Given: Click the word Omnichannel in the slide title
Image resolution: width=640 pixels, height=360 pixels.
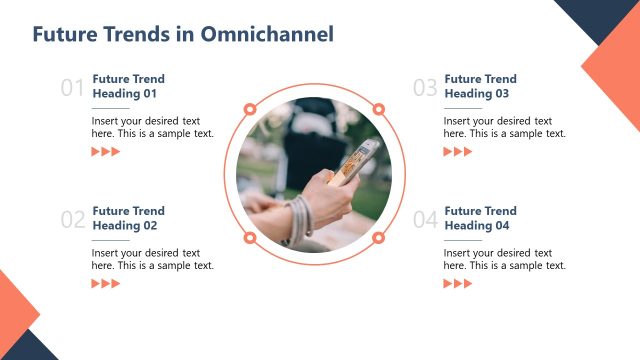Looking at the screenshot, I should pyautogui.click(x=267, y=34).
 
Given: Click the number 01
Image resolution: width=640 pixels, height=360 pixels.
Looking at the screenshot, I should pyautogui.click(x=73, y=88).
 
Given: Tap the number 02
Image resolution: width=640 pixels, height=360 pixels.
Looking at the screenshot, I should pyautogui.click(x=73, y=220).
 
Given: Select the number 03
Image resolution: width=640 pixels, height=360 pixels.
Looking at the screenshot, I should pyautogui.click(x=425, y=88).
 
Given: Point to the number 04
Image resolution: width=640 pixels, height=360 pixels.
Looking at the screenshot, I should pyautogui.click(x=425, y=220).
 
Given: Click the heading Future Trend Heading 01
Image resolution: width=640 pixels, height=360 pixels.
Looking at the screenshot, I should pyautogui.click(x=128, y=86).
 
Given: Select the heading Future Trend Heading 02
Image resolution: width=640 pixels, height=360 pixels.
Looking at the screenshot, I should pyautogui.click(x=128, y=218).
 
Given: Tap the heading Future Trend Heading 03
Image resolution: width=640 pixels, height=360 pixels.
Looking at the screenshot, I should pyautogui.click(x=480, y=86).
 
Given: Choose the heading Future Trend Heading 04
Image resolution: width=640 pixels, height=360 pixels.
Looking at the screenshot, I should pyautogui.click(x=480, y=218).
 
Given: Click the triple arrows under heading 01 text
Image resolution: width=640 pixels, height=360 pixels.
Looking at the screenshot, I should pyautogui.click(x=106, y=152).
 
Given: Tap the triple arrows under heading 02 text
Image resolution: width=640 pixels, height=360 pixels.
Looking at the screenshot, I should pyautogui.click(x=106, y=284).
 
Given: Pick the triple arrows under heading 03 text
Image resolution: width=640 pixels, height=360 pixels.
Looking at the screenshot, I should pyautogui.click(x=458, y=152).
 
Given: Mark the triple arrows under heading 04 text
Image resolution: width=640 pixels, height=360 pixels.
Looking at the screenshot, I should pyautogui.click(x=458, y=284).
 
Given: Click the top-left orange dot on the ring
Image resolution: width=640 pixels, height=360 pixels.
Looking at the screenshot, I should pyautogui.click(x=249, y=109).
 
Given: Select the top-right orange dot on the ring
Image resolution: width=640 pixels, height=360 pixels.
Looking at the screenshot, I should pyautogui.click(x=379, y=109).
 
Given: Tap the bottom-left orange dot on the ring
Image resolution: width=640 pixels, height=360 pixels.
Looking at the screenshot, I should pyautogui.click(x=249, y=238).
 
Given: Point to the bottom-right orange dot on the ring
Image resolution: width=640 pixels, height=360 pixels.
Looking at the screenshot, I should pyautogui.click(x=379, y=238).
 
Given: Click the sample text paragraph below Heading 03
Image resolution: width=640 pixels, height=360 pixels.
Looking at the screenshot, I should pyautogui.click(x=504, y=127).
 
